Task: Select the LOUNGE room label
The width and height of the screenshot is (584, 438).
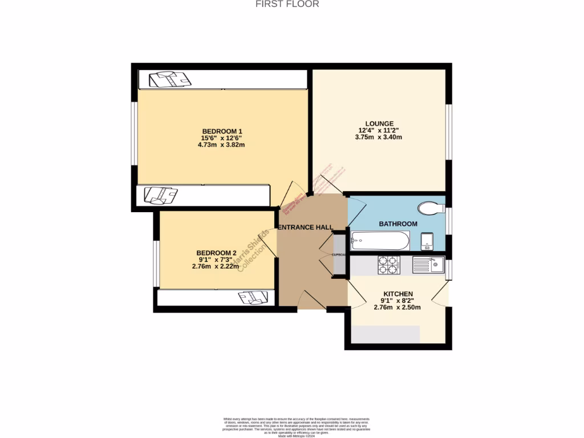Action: (380, 123)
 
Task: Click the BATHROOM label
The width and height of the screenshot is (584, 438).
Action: (398, 224)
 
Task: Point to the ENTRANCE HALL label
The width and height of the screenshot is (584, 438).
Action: (306, 227)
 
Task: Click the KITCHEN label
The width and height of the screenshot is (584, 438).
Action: (398, 294)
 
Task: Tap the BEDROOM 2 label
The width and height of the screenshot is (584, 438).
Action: (216, 253)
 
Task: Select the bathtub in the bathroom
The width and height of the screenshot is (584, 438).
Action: (380, 240)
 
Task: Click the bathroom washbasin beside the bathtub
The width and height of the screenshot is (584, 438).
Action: (428, 242)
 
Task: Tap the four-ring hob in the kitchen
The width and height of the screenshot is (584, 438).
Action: (389, 265)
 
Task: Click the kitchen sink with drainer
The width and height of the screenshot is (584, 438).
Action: (428, 265)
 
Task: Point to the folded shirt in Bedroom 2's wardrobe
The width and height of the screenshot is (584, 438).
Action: (252, 297)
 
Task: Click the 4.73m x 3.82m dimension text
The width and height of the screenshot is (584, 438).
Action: (222, 144)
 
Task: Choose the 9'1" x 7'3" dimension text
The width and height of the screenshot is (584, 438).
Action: (216, 259)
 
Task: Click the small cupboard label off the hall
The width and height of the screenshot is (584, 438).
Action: (339, 254)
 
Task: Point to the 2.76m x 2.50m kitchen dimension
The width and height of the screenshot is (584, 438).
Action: (397, 307)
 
